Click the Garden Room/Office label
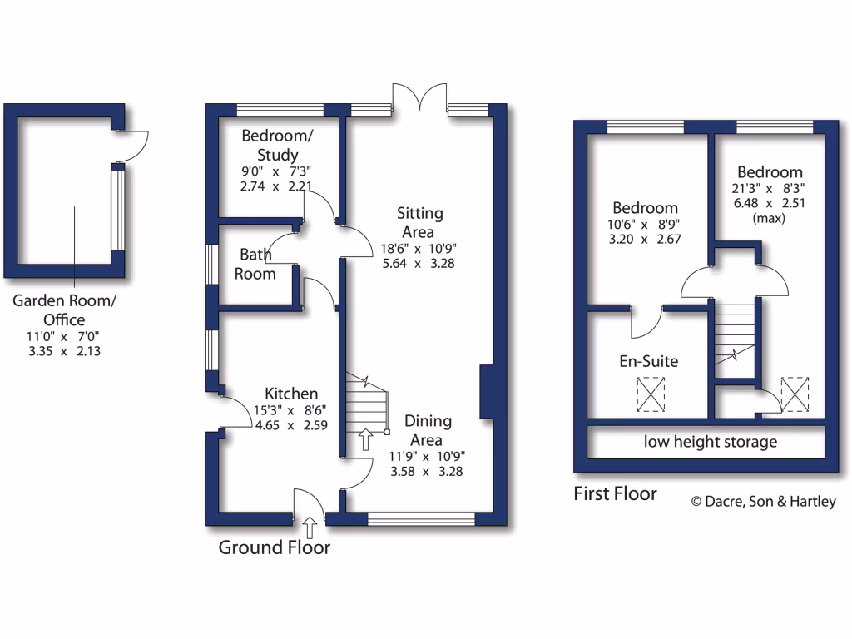tap(64, 310)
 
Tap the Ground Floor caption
tap(274, 547)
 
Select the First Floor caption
tap(615, 493)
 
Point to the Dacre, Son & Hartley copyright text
tap(763, 501)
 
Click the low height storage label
tap(710, 442)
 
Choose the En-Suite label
tap(648, 361)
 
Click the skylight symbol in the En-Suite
tap(651, 394)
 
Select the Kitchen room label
tap(291, 394)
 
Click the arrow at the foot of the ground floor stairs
tap(364, 438)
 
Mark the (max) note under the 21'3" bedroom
tap(769, 218)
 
